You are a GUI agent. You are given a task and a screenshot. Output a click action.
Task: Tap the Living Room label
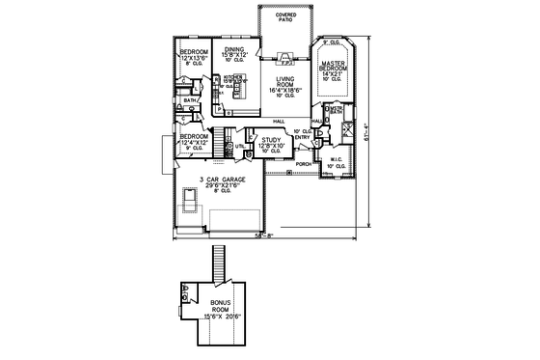tap(284, 86)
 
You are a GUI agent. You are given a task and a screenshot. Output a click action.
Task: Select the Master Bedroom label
tap(334, 69)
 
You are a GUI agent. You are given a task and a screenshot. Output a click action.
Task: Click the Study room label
tap(270, 145)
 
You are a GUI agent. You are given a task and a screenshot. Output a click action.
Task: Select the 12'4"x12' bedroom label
tap(193, 142)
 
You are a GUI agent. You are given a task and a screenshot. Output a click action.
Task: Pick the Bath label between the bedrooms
tap(190, 99)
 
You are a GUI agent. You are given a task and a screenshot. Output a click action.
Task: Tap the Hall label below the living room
tap(280, 120)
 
